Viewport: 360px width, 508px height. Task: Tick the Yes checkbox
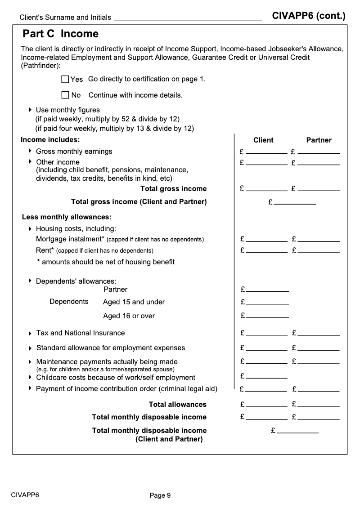point(65,80)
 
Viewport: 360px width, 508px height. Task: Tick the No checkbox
point(65,95)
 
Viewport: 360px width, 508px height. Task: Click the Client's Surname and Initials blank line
point(188,18)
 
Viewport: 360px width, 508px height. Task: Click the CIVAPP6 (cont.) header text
point(309,16)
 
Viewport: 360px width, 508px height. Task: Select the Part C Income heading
point(60,34)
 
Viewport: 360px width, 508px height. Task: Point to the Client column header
point(263,140)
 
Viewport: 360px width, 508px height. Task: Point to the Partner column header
point(319,140)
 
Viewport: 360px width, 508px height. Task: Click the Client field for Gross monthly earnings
point(266,151)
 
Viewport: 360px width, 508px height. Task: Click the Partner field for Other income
point(319,162)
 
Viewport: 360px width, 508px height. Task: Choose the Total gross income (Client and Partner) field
point(295,202)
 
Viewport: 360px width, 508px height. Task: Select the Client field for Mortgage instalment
point(266,239)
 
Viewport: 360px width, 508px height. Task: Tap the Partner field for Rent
point(319,250)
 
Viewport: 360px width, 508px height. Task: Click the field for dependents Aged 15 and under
point(267,302)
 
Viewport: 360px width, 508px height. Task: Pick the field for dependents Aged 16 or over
point(267,316)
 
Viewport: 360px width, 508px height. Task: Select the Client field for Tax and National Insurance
point(266,333)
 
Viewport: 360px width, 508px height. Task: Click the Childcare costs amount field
point(266,376)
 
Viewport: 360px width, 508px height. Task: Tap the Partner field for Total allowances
point(319,404)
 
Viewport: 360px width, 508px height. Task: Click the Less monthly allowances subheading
point(67,217)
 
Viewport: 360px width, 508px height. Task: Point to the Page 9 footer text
point(160,495)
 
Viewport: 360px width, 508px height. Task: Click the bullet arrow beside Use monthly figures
point(30,110)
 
